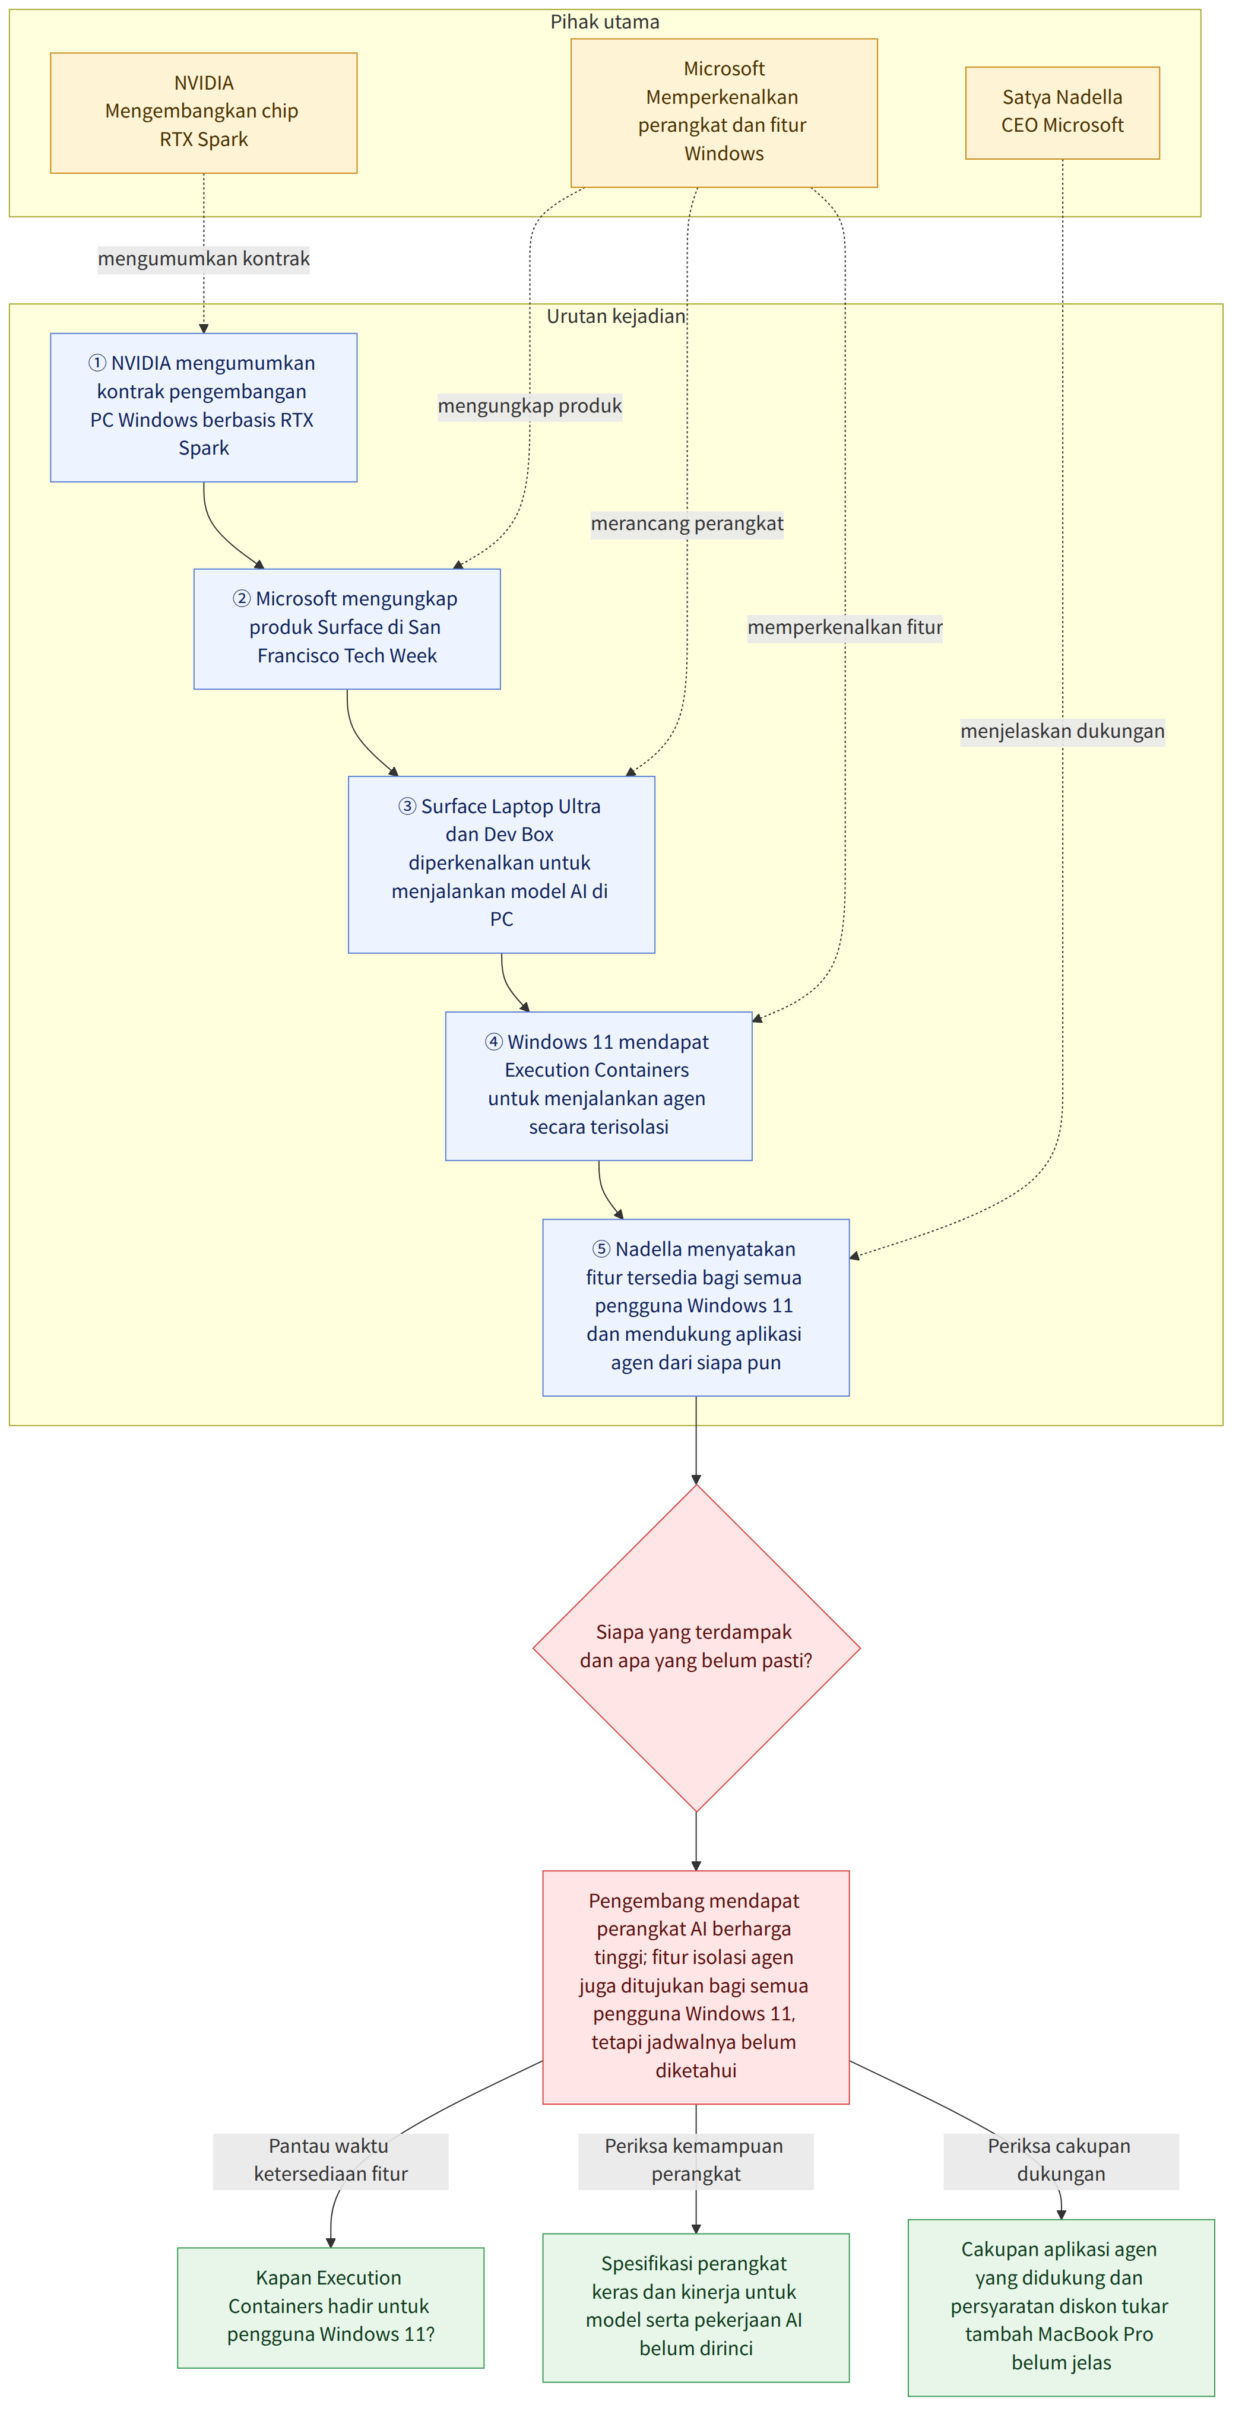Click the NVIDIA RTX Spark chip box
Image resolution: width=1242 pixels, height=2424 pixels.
click(x=203, y=112)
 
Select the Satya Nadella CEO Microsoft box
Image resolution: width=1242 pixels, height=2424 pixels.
click(x=1062, y=112)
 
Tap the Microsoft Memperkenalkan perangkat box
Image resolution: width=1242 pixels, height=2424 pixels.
click(x=724, y=112)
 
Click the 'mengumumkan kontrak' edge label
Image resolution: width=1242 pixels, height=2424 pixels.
click(x=203, y=259)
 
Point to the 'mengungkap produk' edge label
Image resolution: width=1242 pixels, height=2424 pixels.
click(x=530, y=405)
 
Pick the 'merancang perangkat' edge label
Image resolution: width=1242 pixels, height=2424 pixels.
click(x=687, y=523)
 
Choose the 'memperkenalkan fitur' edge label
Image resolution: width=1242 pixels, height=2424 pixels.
click(x=845, y=627)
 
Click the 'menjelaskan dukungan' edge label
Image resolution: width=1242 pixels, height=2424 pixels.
click(x=1062, y=731)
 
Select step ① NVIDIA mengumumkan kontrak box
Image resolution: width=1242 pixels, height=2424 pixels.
click(x=203, y=407)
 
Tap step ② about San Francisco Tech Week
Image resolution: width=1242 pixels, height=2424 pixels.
click(x=347, y=629)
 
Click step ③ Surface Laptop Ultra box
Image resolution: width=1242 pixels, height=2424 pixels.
click(x=502, y=864)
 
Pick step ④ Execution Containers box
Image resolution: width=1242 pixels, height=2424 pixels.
click(x=598, y=1086)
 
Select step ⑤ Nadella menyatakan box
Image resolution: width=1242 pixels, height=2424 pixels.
click(x=696, y=1307)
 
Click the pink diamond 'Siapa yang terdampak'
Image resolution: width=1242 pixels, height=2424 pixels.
click(x=696, y=1648)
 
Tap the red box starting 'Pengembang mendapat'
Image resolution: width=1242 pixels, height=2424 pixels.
click(x=696, y=1987)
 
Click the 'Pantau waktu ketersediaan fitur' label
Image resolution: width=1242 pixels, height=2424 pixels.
click(x=330, y=2160)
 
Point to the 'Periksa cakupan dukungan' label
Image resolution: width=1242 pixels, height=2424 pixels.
click(x=1060, y=2160)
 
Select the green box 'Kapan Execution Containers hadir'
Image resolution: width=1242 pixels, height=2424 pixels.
click(x=330, y=2307)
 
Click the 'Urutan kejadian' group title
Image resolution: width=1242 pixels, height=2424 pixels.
click(x=616, y=316)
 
